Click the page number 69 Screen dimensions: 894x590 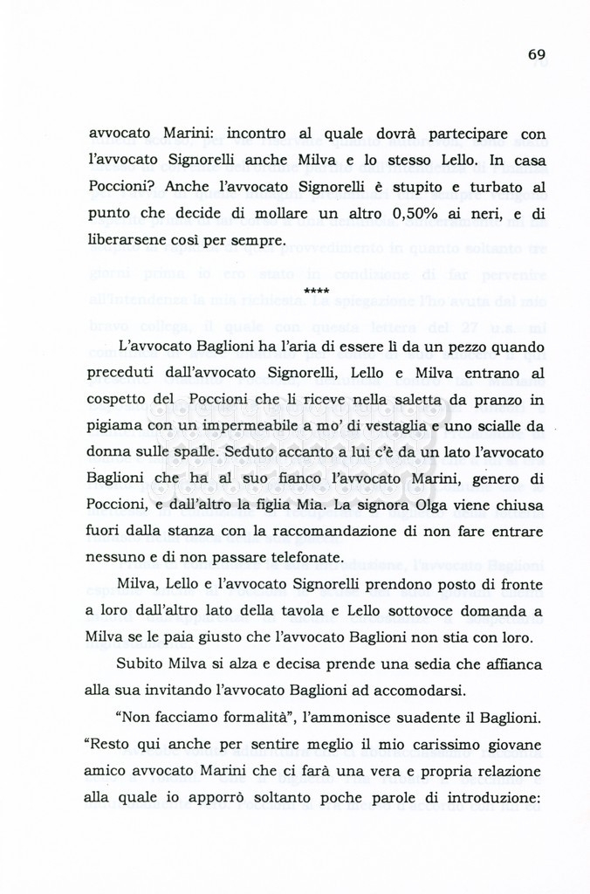[537, 54]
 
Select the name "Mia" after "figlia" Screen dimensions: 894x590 [327, 505]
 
